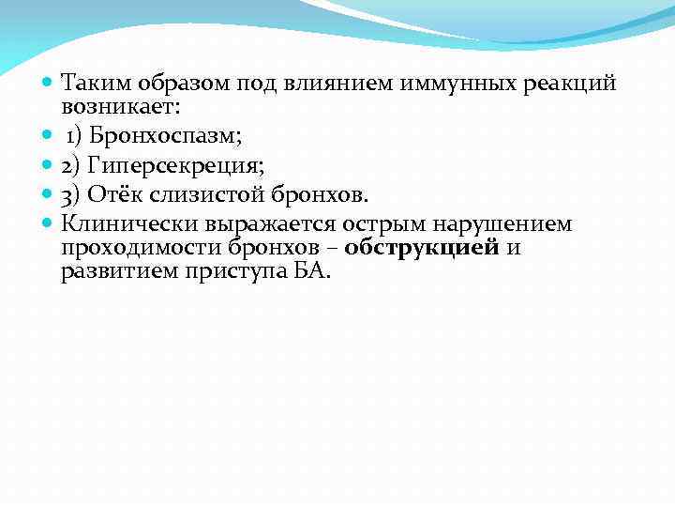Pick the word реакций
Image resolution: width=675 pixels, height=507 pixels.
click(569, 84)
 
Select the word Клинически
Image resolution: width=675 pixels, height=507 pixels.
click(124, 223)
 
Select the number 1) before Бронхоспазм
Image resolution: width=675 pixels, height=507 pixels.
click(74, 137)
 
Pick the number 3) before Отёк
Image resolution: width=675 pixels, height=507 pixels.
click(73, 195)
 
